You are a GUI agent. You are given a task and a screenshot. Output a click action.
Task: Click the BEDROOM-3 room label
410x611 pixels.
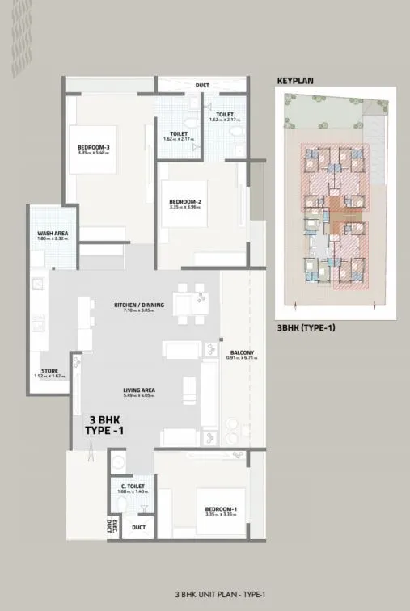[94, 147]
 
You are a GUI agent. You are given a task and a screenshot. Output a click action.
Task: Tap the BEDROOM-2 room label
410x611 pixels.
[185, 202]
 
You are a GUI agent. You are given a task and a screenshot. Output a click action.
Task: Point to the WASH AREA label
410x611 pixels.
[53, 234]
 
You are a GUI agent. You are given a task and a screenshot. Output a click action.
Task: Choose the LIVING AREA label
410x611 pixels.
[138, 390]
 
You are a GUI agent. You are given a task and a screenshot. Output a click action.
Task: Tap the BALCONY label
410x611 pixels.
[242, 352]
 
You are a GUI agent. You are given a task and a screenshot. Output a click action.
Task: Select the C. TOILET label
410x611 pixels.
[132, 486]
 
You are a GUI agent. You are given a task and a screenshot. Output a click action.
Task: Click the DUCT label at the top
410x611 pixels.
[201, 85]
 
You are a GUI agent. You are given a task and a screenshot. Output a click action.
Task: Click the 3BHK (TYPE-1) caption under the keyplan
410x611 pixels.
[306, 329]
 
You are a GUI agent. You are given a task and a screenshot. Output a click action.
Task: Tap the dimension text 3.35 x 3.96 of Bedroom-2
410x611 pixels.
[185, 207]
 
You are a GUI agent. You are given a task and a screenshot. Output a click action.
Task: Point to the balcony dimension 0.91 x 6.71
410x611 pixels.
[242, 357]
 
